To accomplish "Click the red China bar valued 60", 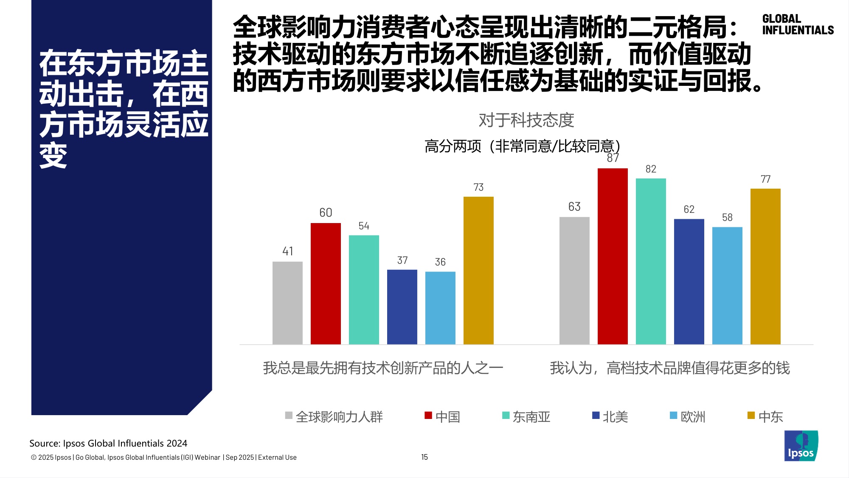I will point(326,283).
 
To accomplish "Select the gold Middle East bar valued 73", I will point(478,270).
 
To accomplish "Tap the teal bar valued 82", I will point(651,261).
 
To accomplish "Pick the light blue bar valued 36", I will point(440,308).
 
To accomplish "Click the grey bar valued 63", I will point(574,280).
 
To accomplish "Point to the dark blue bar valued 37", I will point(402,307).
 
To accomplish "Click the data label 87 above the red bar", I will point(613,158).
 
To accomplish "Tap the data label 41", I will point(287,251).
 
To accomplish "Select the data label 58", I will point(727,218).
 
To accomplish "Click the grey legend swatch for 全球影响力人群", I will point(289,416).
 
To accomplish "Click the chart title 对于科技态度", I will point(526,120).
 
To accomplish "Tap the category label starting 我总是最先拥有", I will point(383,368).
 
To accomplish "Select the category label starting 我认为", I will point(669,368).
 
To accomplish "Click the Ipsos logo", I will point(801,446).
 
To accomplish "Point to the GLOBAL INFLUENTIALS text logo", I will point(797,25).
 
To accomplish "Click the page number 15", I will point(424,457).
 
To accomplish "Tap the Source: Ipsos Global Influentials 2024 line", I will point(108,443).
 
